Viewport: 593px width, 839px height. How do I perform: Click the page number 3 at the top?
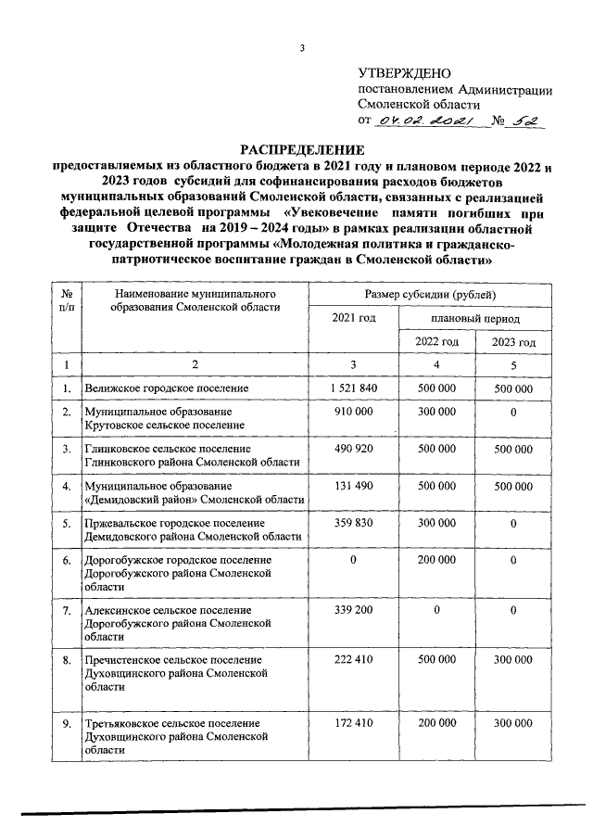click(302, 49)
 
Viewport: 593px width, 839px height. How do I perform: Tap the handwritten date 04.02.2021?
click(423, 121)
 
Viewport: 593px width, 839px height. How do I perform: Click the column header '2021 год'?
click(353, 318)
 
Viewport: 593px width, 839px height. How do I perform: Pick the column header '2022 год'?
click(435, 341)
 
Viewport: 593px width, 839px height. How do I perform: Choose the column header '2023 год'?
click(513, 341)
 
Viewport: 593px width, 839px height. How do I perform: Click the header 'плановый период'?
click(474, 318)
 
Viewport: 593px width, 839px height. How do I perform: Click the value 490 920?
click(353, 450)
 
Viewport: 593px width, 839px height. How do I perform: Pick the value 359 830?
click(353, 524)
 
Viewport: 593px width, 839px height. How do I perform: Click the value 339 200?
click(353, 611)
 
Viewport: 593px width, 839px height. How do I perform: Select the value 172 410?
click(353, 722)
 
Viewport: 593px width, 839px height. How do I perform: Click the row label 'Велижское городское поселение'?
click(165, 388)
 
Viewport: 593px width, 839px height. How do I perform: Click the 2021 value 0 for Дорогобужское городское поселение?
click(353, 560)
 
